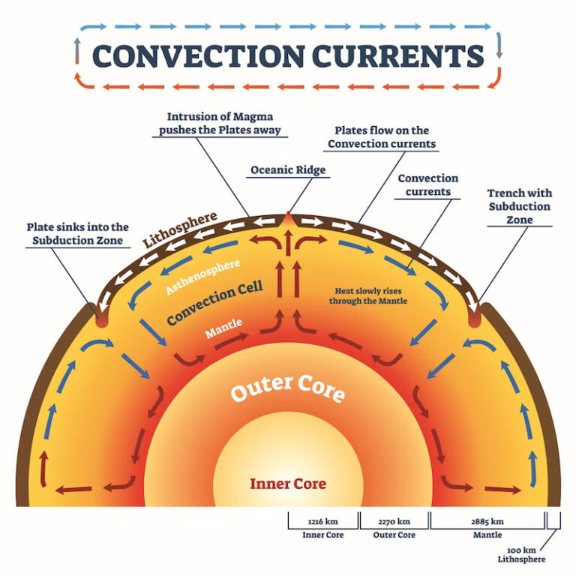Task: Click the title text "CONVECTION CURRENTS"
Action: (288, 55)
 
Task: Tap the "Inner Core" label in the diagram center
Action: (288, 484)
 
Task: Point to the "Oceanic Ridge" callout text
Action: (288, 170)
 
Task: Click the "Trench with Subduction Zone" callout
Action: (519, 206)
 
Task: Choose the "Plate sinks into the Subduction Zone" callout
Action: (78, 233)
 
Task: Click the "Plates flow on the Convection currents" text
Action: (382, 137)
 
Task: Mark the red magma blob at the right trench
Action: (474, 318)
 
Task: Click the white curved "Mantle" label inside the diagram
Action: (224, 330)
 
